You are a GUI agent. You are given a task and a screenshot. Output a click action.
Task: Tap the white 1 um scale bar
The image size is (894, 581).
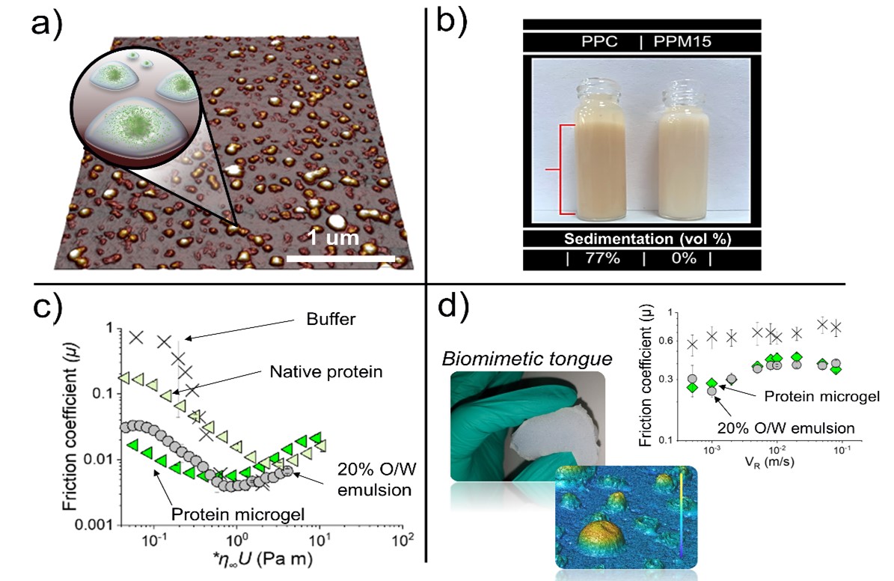pyautogui.click(x=340, y=259)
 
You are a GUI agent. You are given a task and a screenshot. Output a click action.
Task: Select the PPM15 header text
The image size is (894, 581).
pyautogui.click(x=682, y=41)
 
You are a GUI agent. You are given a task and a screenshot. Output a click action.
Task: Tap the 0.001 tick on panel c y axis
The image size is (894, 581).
pyautogui.click(x=93, y=525)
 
